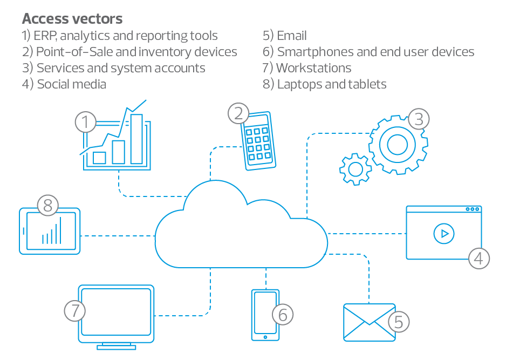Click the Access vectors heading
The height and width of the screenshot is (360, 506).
[x=72, y=19]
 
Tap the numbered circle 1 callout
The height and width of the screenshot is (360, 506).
[x=85, y=122]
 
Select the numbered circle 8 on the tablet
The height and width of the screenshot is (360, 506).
[x=47, y=205]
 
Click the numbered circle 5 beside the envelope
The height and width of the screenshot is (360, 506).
[x=399, y=322]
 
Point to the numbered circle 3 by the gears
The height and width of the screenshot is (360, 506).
[x=419, y=119]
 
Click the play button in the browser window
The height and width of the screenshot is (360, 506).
[x=443, y=234]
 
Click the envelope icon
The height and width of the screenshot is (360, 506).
[x=369, y=322]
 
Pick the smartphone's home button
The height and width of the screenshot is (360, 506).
[x=265, y=337]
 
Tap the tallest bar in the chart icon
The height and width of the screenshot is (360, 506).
[x=136, y=139]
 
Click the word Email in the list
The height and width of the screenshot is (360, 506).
[x=292, y=36]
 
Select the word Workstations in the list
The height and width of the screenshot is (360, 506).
[x=313, y=68]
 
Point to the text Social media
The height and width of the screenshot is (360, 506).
[x=71, y=84]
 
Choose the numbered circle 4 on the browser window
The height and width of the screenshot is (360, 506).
[x=478, y=258]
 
